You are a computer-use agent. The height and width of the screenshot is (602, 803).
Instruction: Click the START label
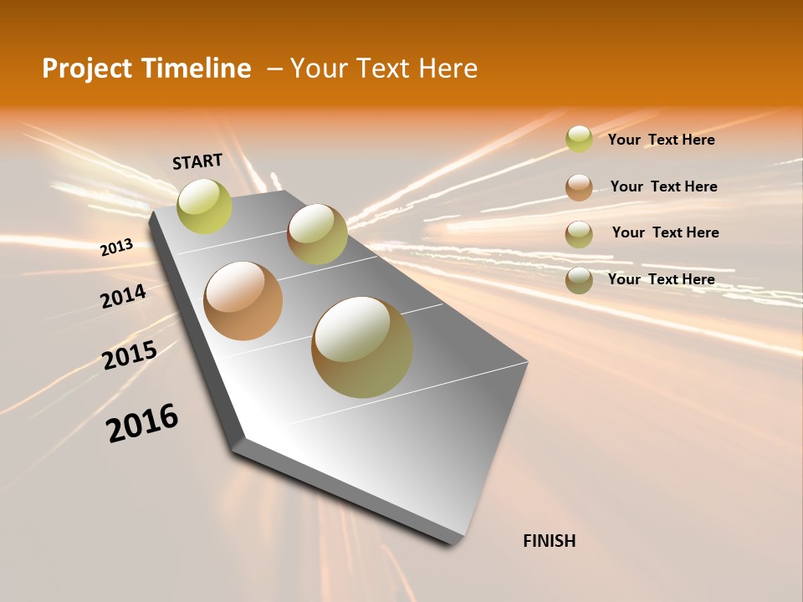(x=197, y=161)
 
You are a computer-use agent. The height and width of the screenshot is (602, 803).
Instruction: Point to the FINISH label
(x=550, y=541)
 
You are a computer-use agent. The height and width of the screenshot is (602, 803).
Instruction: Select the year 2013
(x=117, y=247)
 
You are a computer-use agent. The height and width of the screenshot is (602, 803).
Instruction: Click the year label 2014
(x=124, y=297)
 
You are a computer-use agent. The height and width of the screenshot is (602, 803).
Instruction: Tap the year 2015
(x=130, y=356)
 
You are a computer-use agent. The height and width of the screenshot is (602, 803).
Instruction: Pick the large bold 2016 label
(x=142, y=423)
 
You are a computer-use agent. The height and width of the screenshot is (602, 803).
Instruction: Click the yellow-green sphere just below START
(x=205, y=207)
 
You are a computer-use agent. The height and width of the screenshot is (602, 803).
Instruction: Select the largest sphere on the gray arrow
(x=362, y=347)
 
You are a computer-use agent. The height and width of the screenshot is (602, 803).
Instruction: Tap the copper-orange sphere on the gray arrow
(x=243, y=301)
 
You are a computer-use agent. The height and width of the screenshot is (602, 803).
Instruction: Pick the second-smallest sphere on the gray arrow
(x=317, y=234)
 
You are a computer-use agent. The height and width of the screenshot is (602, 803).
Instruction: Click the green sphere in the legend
(x=579, y=139)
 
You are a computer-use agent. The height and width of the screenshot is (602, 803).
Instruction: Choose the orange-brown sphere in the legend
(x=579, y=187)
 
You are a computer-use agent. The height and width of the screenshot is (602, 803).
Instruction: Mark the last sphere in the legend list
(x=579, y=280)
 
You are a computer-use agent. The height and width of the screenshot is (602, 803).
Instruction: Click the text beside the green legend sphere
(x=661, y=140)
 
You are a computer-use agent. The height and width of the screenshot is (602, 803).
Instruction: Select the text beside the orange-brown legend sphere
(x=663, y=186)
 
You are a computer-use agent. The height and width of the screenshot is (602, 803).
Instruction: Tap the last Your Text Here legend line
(x=661, y=279)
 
